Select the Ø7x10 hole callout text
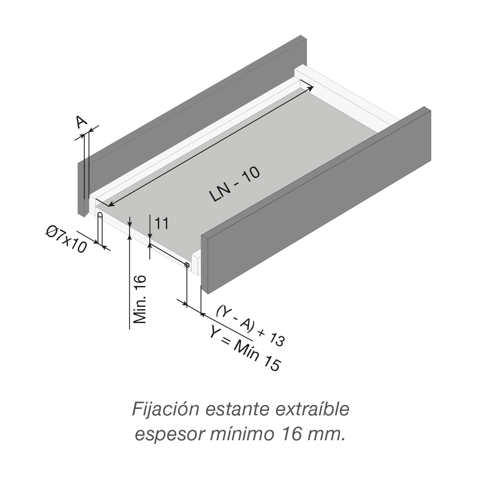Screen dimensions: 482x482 point(66,239)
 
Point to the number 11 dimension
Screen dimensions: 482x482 point(161,223)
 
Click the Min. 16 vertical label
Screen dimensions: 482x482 point(139,300)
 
